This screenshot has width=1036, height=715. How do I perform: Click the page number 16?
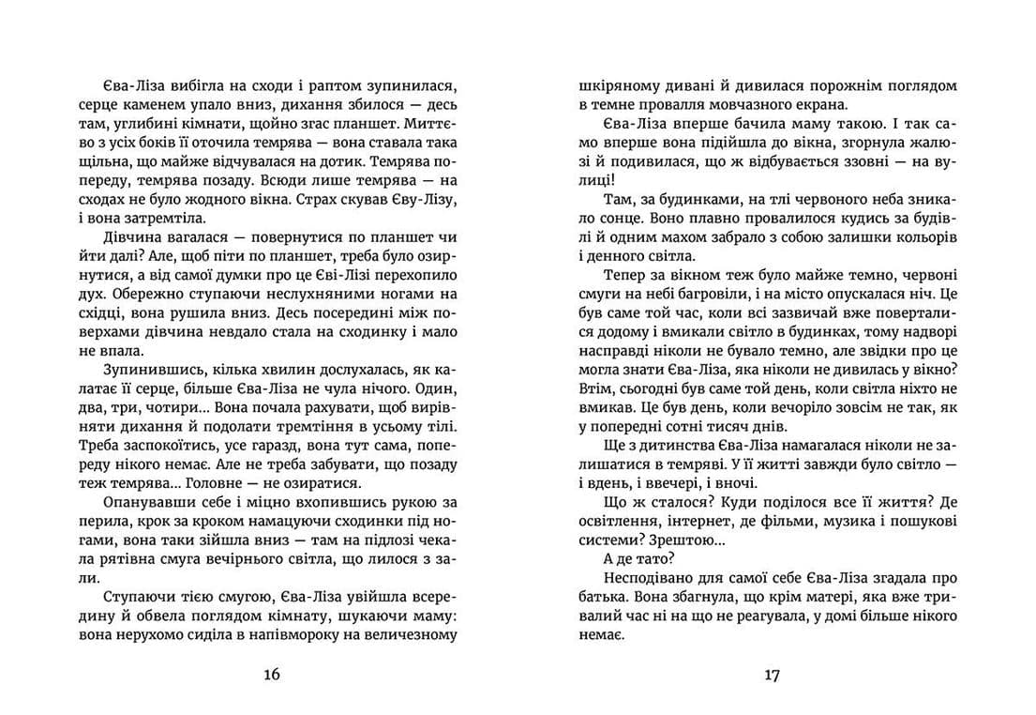click(x=271, y=673)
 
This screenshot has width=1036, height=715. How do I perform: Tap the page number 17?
click(x=772, y=673)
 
